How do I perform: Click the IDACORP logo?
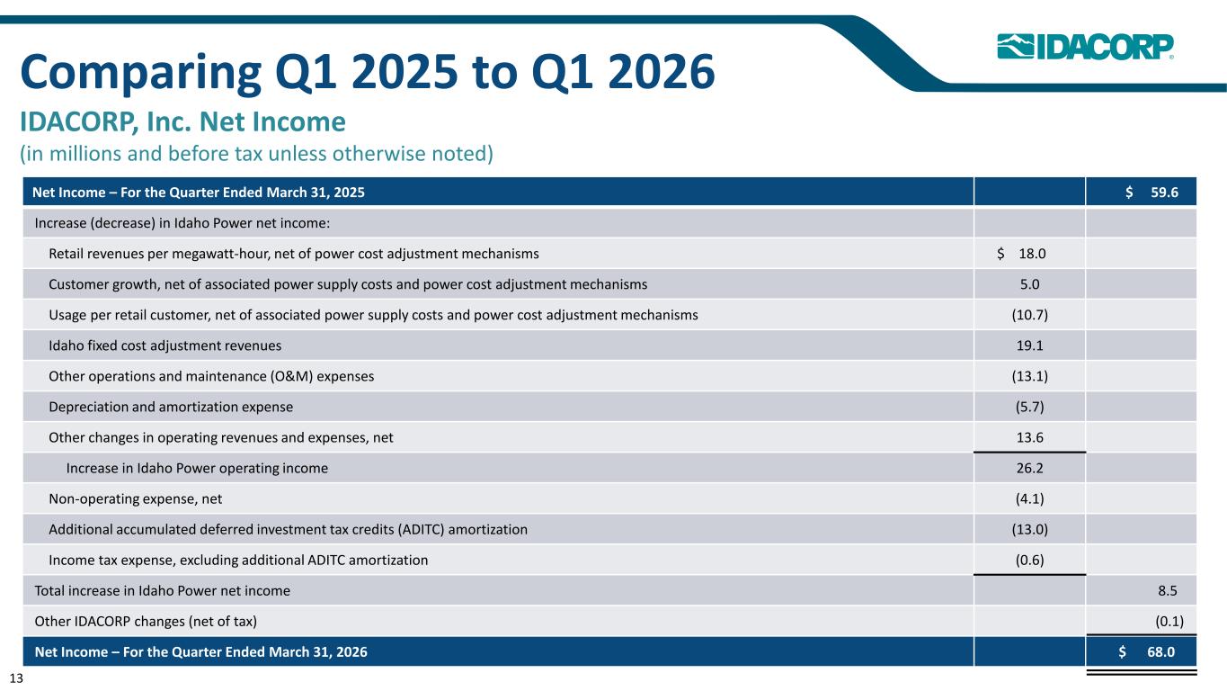pos(1085,46)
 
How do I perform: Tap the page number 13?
pos(16,678)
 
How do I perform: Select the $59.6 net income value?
pos(1151,192)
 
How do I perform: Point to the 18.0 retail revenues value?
pos(1021,254)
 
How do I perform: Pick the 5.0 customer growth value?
pos(1030,284)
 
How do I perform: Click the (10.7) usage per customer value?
pos(1030,315)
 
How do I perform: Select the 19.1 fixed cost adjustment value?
pos(1030,345)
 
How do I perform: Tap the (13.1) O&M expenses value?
pos(1030,376)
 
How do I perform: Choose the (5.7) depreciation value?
pos(1030,407)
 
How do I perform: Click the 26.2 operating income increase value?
pos(1030,468)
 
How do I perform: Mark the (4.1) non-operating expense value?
pos(1030,498)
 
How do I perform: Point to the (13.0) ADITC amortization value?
pos(1030,529)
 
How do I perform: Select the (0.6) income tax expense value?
pos(1030,560)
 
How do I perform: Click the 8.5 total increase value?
pos(1168,590)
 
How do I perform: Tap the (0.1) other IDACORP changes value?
pos(1169,622)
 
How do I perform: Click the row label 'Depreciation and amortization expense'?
pos(171,407)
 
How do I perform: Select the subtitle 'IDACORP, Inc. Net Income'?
pos(183,121)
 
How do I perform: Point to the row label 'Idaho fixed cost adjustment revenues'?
pos(164,345)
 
